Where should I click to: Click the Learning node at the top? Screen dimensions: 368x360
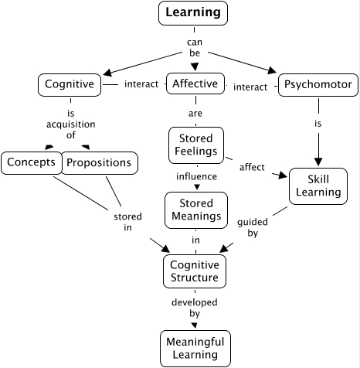[x=194, y=12]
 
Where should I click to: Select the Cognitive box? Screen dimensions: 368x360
[x=70, y=83]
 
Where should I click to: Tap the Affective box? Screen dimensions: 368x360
[x=195, y=83]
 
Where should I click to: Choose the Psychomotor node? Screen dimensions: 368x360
[x=318, y=83]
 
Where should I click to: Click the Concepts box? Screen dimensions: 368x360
[x=31, y=162]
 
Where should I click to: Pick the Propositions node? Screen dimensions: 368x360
[x=100, y=162]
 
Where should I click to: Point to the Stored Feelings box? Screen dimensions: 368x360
[x=195, y=144]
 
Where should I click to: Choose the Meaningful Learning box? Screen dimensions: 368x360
[x=195, y=348]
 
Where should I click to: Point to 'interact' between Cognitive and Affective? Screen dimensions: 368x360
[x=141, y=83]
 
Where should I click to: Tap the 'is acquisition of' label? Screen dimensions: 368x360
[x=70, y=121]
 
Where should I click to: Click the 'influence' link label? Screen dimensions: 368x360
[x=195, y=176]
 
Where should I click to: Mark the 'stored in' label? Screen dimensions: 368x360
[x=122, y=222]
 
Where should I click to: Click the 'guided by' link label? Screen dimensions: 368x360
[x=253, y=226]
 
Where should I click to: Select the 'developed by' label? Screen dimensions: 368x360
[x=195, y=309]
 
